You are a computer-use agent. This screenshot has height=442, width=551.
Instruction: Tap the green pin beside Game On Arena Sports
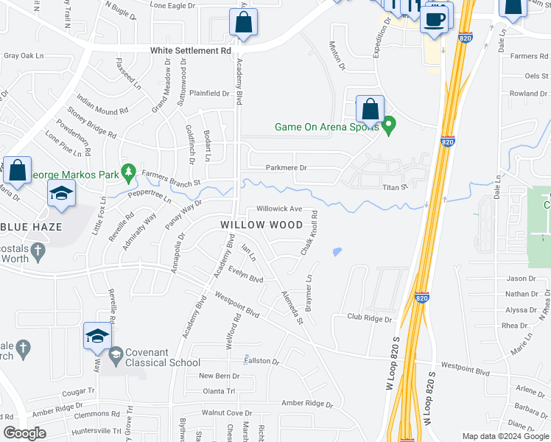tap(390, 127)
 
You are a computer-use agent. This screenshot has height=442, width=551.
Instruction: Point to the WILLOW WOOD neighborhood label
tap(262, 224)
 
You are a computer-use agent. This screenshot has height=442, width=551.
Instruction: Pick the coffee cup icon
tap(436, 19)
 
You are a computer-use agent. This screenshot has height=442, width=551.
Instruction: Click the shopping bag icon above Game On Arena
tap(369, 109)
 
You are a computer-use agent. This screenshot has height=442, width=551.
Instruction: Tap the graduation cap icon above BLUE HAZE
tap(62, 194)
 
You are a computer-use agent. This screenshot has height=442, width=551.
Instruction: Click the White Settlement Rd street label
tap(190, 51)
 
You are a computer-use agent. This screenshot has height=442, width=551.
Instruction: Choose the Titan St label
tap(395, 188)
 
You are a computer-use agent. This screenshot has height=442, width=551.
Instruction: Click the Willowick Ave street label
tap(279, 209)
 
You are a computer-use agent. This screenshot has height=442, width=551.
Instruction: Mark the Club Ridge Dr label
tap(370, 318)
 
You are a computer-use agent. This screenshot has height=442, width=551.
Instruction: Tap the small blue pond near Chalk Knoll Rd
tap(337, 252)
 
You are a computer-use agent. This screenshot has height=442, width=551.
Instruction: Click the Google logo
tap(24, 433)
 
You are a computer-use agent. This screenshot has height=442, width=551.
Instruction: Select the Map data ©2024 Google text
tap(505, 436)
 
